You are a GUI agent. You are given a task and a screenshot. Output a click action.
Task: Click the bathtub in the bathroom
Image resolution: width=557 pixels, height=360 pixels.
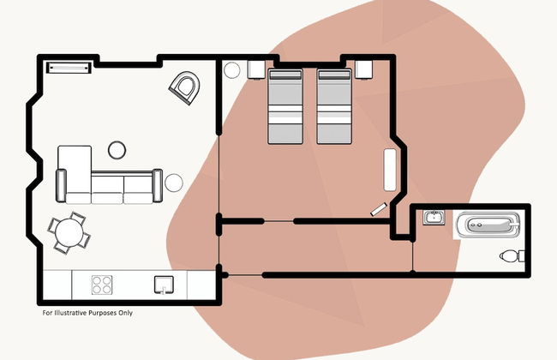click(x=488, y=225)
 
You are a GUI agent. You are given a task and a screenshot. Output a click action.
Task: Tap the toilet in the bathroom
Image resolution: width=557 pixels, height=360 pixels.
click(x=512, y=256)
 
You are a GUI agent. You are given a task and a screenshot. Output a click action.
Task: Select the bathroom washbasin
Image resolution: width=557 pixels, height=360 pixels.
click(x=434, y=218)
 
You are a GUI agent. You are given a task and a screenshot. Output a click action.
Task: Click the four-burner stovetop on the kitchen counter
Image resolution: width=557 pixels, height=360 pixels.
click(x=102, y=285)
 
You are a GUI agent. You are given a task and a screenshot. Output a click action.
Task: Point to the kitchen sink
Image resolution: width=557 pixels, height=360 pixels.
click(x=164, y=285)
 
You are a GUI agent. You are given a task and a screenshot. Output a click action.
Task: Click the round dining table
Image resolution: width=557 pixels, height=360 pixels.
click(x=69, y=232)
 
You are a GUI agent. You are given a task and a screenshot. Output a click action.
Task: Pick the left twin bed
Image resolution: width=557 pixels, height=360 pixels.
click(x=285, y=106)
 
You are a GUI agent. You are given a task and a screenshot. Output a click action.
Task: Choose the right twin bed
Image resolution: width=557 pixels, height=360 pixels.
click(x=334, y=106)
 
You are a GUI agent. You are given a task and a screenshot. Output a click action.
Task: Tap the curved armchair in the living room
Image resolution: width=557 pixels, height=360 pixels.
click(x=185, y=87)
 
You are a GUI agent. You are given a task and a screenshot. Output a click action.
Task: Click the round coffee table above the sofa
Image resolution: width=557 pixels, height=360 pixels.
click(x=117, y=150)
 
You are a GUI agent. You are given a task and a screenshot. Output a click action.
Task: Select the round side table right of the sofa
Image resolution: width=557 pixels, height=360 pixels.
click(x=174, y=183)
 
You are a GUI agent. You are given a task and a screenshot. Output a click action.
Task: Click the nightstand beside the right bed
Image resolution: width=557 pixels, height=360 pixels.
click(x=364, y=69)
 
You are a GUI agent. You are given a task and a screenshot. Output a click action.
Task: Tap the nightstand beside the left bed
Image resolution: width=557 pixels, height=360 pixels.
click(x=256, y=69)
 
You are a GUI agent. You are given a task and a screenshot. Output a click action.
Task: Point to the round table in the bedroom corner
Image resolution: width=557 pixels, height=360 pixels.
click(x=232, y=70)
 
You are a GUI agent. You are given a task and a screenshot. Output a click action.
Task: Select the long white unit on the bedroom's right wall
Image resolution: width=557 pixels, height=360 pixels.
click(x=390, y=170)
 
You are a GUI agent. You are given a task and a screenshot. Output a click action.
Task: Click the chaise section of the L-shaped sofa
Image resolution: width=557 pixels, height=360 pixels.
click(x=75, y=170)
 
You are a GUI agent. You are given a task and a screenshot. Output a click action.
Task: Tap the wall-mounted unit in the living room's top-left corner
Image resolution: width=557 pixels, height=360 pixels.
click(x=69, y=68)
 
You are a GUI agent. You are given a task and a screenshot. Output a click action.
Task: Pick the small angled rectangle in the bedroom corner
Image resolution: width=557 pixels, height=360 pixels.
click(x=379, y=209)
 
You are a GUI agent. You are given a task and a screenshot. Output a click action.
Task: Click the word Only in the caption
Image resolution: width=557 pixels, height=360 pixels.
click(x=126, y=313)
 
